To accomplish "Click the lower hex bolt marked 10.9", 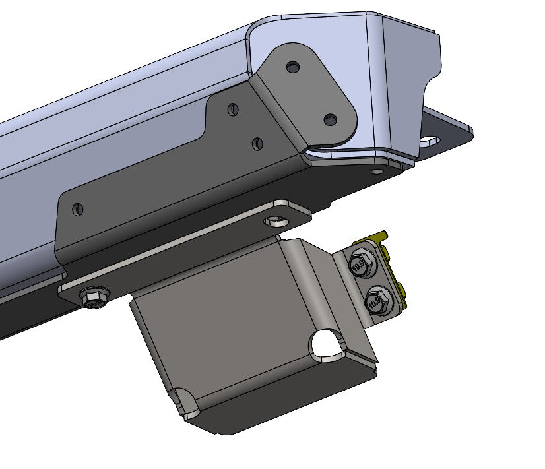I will pyautogui.click(x=374, y=301).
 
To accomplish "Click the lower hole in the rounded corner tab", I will pyautogui.click(x=331, y=119).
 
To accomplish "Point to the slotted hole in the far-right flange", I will pyautogui.click(x=430, y=140).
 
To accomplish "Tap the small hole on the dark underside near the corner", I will pyautogui.click(x=376, y=171).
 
